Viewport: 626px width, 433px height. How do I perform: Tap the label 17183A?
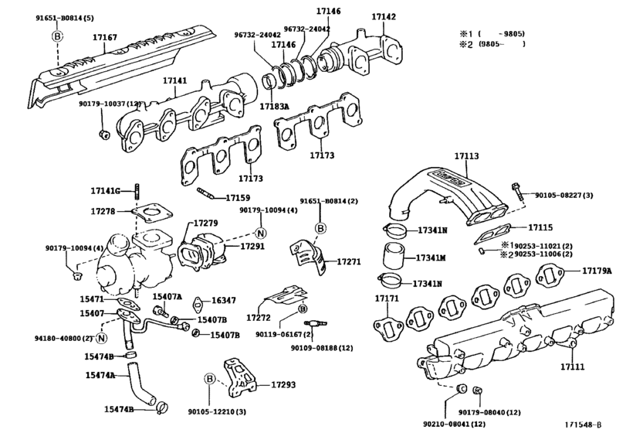tap(274, 106)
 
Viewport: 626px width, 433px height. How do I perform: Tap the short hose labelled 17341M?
tap(393, 256)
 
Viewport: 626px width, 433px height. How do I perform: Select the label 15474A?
tap(100, 375)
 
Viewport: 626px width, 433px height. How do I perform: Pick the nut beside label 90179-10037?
tap(103, 137)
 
